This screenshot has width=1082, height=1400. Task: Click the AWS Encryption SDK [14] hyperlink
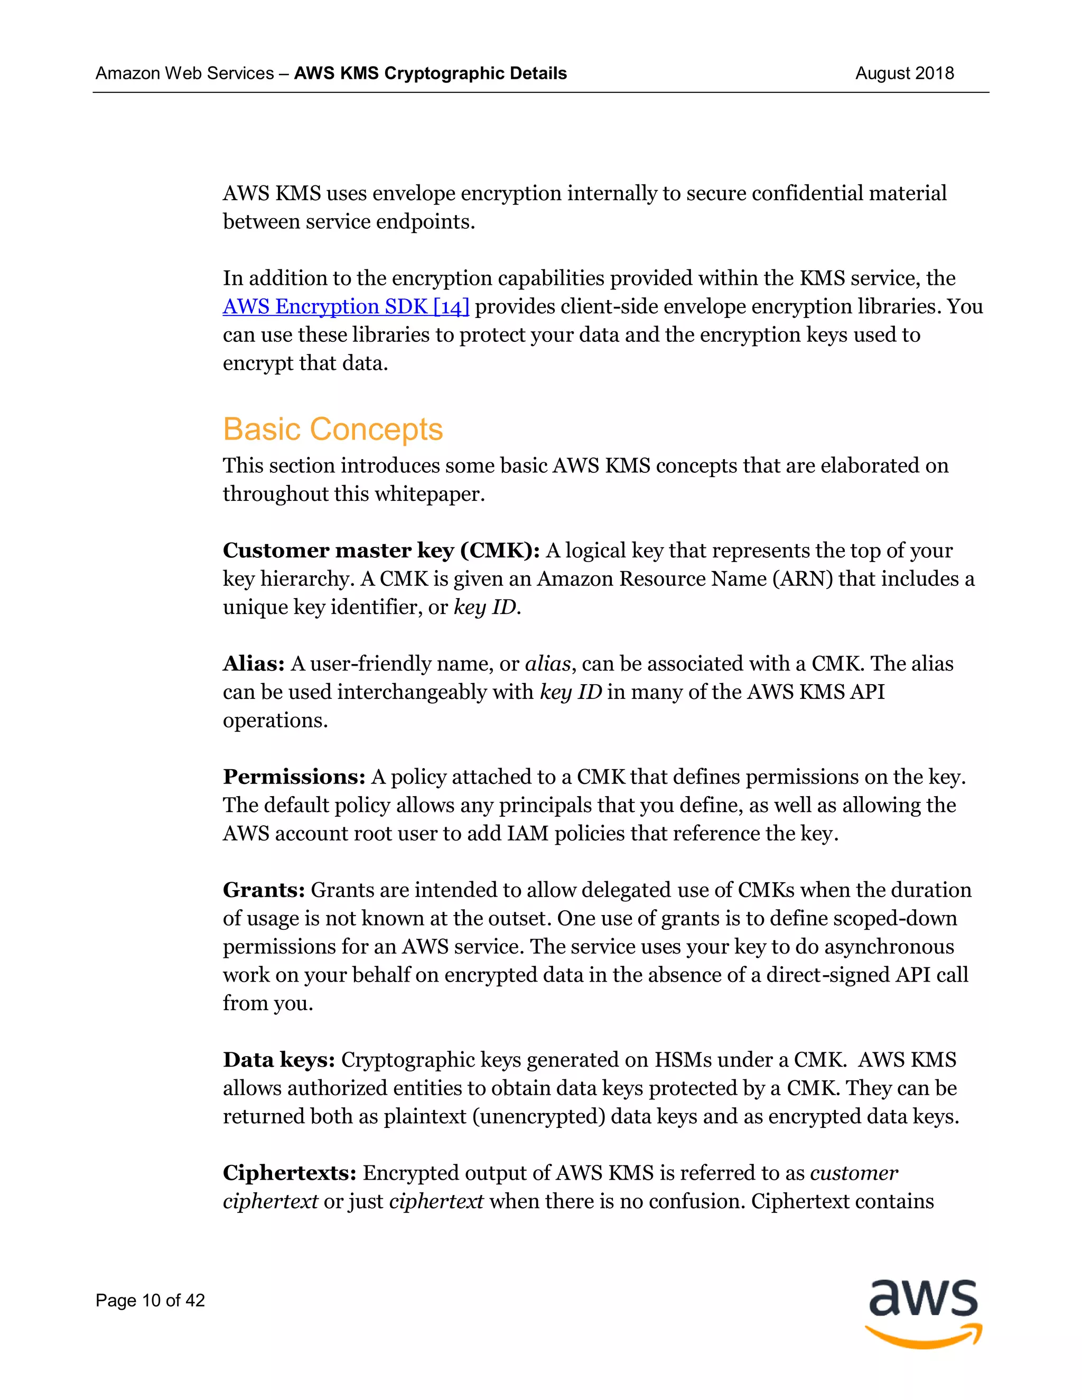pyautogui.click(x=346, y=306)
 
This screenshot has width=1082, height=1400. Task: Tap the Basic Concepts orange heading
pyautogui.click(x=333, y=429)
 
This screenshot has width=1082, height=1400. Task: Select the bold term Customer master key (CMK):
pyautogui.click(x=381, y=550)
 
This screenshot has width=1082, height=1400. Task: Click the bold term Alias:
pyautogui.click(x=253, y=663)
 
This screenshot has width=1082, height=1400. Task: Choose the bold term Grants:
pyautogui.click(x=264, y=890)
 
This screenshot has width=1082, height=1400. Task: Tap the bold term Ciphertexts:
pyautogui.click(x=289, y=1172)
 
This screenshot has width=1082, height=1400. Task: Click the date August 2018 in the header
pyautogui.click(x=904, y=73)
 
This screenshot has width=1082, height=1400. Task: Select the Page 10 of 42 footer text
pyautogui.click(x=150, y=1300)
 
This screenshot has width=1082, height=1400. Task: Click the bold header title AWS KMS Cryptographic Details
pyautogui.click(x=430, y=73)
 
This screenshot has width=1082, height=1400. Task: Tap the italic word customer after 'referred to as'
pyautogui.click(x=854, y=1172)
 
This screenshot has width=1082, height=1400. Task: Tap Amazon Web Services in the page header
pyautogui.click(x=184, y=73)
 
